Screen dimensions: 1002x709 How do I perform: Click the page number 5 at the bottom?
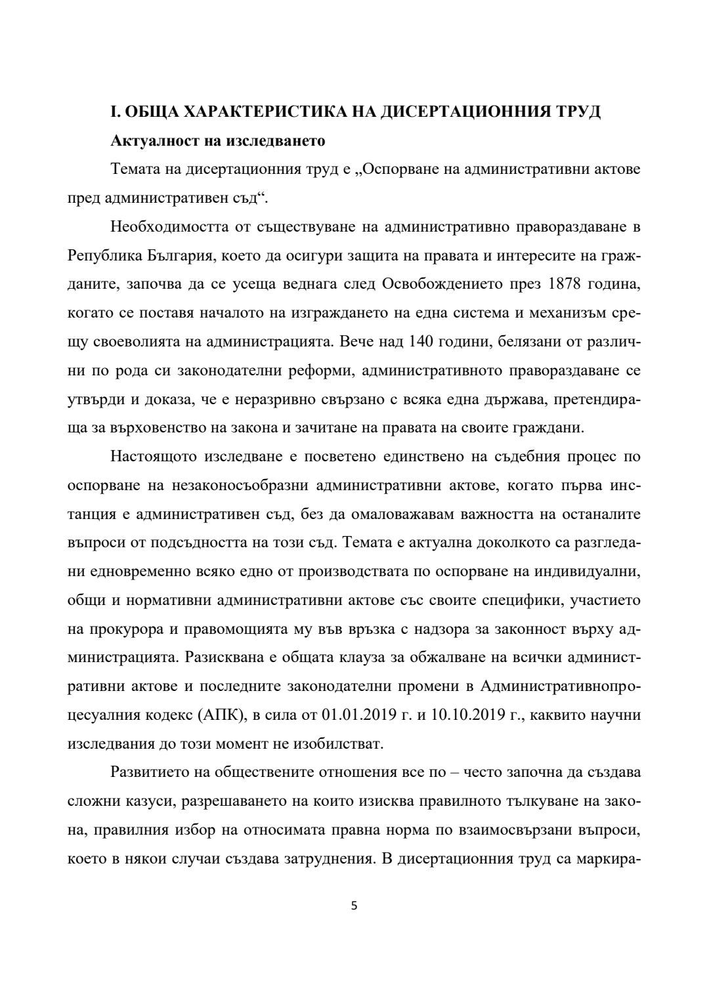tap(354, 906)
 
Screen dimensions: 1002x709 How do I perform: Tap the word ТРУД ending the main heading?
tap(578, 112)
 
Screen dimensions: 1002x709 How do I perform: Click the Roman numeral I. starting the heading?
tap(115, 112)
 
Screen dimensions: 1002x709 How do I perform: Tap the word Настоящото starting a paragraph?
tap(153, 456)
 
